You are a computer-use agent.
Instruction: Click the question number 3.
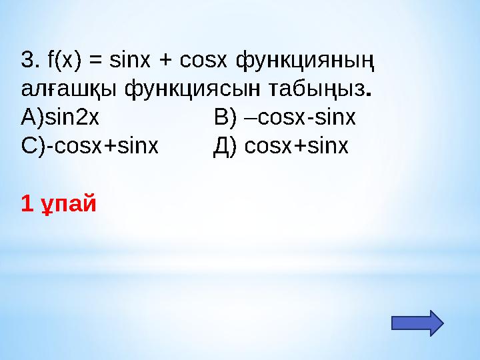pyautogui.click(x=27, y=61)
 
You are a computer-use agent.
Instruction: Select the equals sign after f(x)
pyautogui.click(x=96, y=62)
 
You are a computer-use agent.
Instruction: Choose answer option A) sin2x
pyautogui.click(x=61, y=118)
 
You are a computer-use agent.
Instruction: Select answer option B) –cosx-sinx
pyautogui.click(x=285, y=118)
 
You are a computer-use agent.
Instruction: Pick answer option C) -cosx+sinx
pyautogui.click(x=90, y=146)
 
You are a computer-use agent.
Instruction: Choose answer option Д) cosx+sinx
pyautogui.click(x=281, y=146)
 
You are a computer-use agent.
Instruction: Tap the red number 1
pyautogui.click(x=27, y=202)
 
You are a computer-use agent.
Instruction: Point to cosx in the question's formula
pyautogui.click(x=205, y=61)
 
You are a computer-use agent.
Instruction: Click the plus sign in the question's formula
pyautogui.click(x=167, y=62)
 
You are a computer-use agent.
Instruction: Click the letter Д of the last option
pyautogui.click(x=222, y=146)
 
